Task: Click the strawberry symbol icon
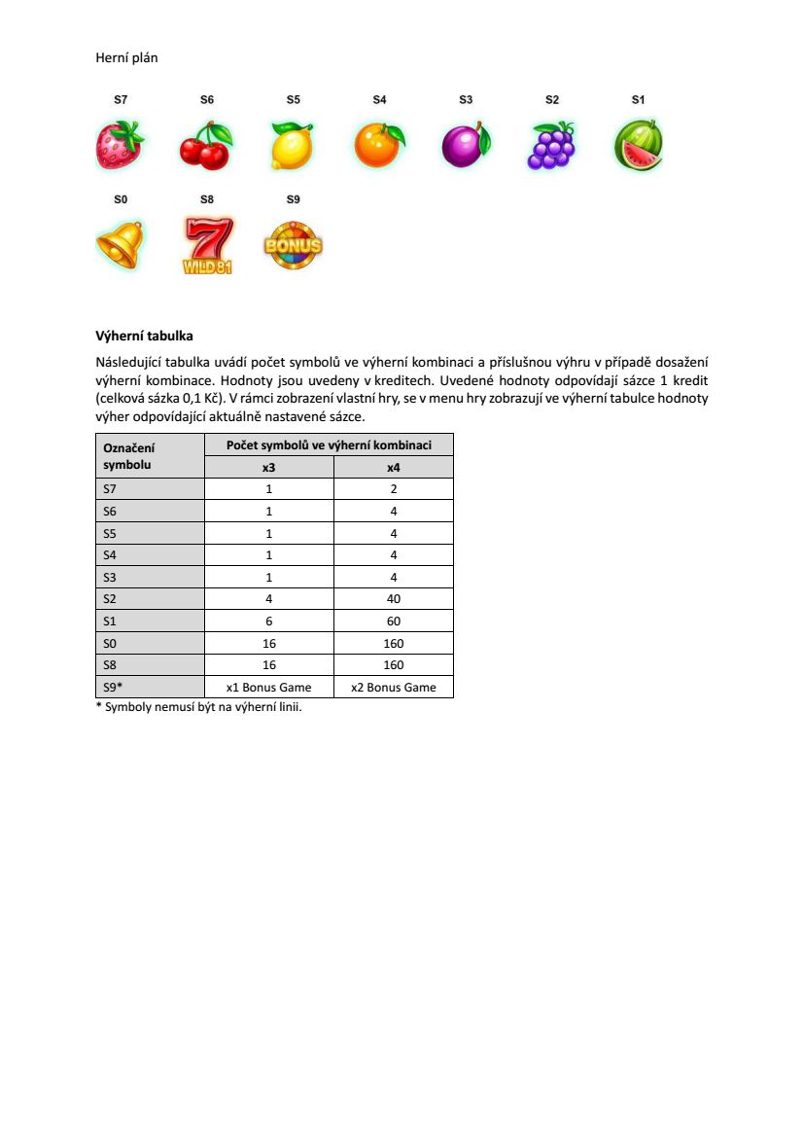coord(120,145)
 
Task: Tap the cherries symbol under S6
coord(205,146)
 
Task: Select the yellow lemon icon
coord(292,146)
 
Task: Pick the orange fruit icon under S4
coord(378,146)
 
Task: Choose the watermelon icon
coord(639,146)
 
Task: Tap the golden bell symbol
coord(120,243)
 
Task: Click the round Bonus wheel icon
coord(293,244)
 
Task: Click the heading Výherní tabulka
coord(144,337)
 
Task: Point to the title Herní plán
coord(126,58)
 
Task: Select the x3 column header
coord(268,467)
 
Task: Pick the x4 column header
coord(394,467)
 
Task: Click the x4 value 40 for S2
coord(394,599)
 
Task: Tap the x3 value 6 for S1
coord(268,622)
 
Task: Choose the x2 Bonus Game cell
coord(394,688)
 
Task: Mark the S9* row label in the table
coord(113,688)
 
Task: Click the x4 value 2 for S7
coord(394,489)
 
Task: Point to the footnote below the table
coord(198,706)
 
